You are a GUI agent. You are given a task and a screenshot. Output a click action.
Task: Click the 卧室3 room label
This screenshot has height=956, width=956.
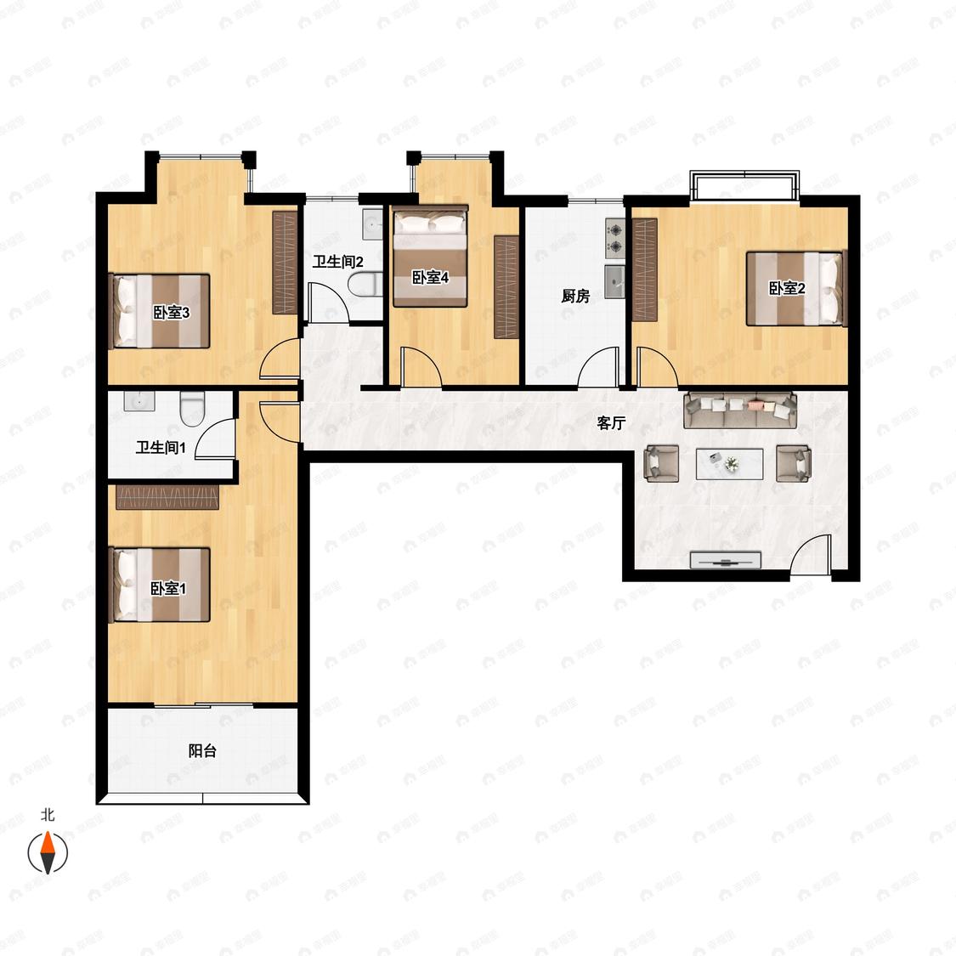click(172, 313)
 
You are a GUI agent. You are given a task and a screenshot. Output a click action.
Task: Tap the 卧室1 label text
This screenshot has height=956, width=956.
click(168, 588)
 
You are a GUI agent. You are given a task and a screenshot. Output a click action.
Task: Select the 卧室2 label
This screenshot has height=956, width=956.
click(787, 288)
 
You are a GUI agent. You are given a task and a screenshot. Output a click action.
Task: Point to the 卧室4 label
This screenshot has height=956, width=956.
click(431, 277)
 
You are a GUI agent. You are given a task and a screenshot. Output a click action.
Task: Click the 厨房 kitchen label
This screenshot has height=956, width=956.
click(575, 297)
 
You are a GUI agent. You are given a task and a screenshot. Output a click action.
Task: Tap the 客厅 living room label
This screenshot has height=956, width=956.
click(611, 423)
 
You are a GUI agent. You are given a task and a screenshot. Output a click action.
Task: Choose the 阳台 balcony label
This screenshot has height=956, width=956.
click(202, 750)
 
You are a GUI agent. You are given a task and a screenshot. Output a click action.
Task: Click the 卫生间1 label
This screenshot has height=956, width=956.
click(161, 448)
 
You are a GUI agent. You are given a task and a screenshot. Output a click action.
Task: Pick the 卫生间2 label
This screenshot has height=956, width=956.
click(337, 263)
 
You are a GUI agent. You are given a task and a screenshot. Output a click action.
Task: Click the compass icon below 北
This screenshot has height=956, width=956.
click(48, 851)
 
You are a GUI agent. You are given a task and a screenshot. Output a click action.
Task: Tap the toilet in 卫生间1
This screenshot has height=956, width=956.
click(191, 409)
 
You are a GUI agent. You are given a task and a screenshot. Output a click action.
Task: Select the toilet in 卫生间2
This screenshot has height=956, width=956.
click(365, 285)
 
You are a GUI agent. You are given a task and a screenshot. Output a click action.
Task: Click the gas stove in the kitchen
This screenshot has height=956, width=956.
click(615, 238)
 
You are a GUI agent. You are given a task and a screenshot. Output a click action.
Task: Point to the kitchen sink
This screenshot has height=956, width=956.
click(615, 281)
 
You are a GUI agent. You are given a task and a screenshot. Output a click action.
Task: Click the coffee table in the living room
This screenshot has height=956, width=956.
click(730, 464)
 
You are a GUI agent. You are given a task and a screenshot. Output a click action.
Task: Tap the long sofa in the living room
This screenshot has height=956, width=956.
click(740, 410)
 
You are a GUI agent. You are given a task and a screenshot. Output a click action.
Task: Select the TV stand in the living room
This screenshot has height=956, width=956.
click(726, 560)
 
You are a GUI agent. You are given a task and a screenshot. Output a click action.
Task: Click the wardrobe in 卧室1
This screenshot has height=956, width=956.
click(167, 497)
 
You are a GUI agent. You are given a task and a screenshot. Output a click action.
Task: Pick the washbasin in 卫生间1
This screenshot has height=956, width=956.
click(139, 401)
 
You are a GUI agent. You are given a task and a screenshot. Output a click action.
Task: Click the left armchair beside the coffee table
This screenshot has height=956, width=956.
click(661, 463)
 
